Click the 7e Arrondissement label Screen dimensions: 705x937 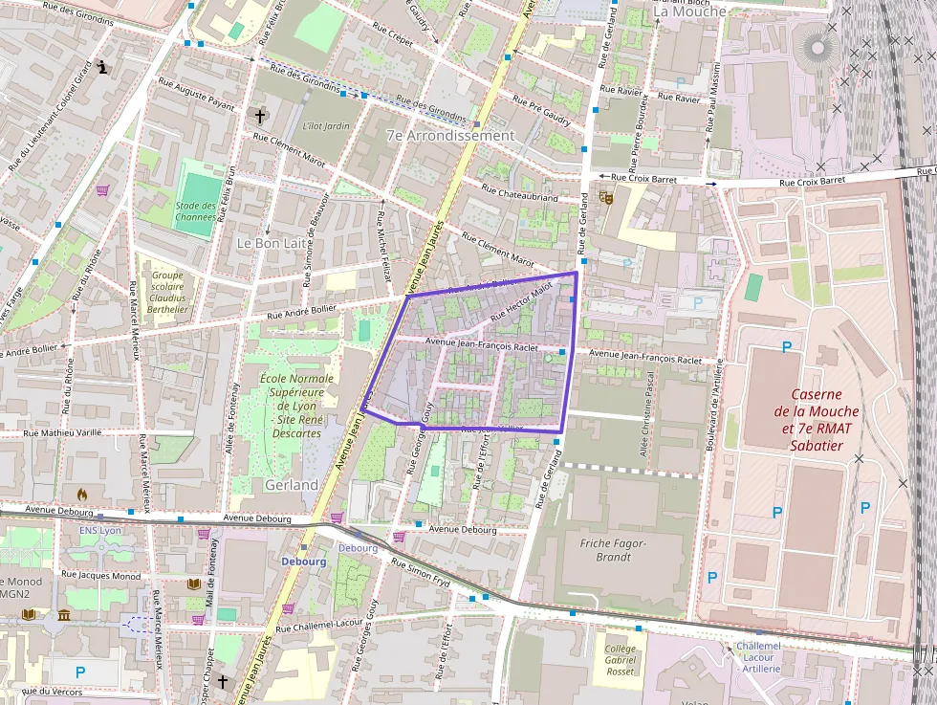[450, 136]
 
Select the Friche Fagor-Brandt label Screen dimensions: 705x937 [613, 549]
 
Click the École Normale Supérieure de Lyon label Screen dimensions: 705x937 [296, 406]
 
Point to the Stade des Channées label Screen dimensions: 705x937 [195, 210]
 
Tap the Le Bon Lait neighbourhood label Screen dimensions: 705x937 [271, 244]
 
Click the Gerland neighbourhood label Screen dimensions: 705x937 [292, 485]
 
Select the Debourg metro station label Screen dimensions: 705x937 [304, 562]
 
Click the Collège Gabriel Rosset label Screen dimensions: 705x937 [620, 659]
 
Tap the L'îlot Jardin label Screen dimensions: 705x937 [326, 125]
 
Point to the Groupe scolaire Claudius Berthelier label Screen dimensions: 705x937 [167, 292]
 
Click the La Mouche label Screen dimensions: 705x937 [689, 11]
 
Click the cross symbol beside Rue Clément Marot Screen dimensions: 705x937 [259, 116]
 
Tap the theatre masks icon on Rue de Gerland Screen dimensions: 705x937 [604, 197]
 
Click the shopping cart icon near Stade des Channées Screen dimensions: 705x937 [102, 189]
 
